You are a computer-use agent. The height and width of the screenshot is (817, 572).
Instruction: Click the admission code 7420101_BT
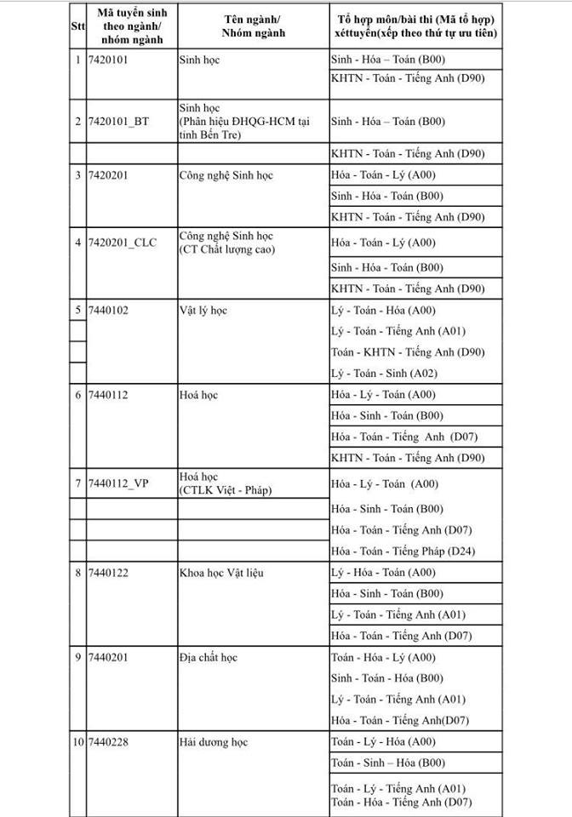tap(118, 122)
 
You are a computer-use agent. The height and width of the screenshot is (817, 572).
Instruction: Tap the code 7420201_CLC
tap(123, 243)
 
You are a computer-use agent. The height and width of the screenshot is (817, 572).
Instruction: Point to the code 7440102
tap(109, 310)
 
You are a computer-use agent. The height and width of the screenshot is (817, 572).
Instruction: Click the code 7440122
tap(109, 573)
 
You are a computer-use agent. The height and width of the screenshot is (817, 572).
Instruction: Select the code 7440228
tap(109, 742)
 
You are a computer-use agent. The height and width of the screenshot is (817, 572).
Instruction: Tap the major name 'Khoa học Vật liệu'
tap(221, 573)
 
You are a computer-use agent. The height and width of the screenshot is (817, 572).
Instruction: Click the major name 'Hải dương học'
tap(214, 742)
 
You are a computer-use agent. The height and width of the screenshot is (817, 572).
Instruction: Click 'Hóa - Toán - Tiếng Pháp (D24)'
tap(403, 551)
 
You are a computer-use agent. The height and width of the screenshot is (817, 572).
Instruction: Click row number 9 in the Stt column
tap(77, 657)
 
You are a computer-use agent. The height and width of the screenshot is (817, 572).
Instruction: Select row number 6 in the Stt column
tap(77, 395)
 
